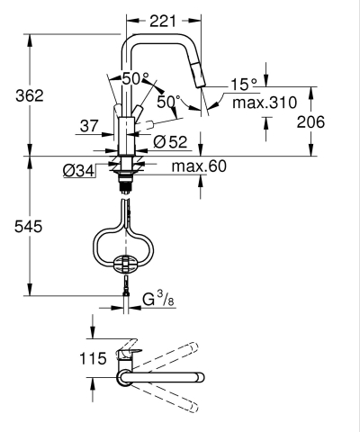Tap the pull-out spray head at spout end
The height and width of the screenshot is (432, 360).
point(203,91)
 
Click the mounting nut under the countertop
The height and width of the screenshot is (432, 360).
point(126,167)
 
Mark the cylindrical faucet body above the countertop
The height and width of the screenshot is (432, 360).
point(126,135)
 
